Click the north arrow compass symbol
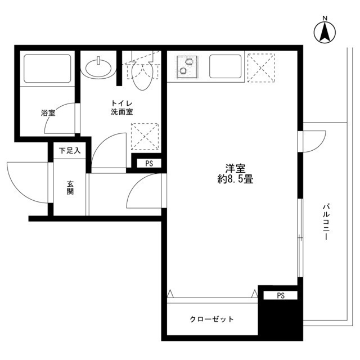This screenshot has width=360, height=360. pyautogui.click(x=325, y=30)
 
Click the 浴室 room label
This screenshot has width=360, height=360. pyautogui.click(x=48, y=113)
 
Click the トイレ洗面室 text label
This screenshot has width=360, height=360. pyautogui.click(x=121, y=107)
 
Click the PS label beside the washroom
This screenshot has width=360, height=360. pyautogui.click(x=149, y=164)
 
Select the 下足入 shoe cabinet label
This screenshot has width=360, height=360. pyautogui.click(x=70, y=151)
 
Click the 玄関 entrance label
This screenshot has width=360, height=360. pyautogui.click(x=71, y=187)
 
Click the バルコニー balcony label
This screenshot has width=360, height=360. pyautogui.click(x=326, y=222)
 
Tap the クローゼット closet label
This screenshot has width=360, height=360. pyautogui.click(x=211, y=319)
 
